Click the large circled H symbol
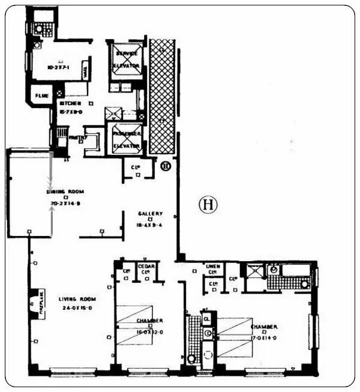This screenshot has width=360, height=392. point(208,205)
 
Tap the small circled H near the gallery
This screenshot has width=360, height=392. point(166,166)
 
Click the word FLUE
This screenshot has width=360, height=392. point(41,96)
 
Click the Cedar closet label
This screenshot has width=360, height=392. point(146,268)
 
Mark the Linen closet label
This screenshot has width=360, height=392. point(211,268)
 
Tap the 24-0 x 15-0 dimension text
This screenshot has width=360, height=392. point(78,309)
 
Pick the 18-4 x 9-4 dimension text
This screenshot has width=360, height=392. point(149,226)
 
